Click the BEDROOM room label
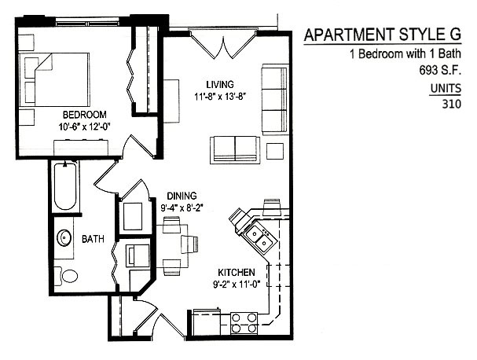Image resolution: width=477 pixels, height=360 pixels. click(x=85, y=115)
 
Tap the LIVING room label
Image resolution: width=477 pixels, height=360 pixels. click(x=220, y=84)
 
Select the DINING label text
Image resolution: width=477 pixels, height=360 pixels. click(x=182, y=196)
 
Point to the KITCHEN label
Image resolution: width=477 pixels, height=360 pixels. click(x=237, y=272)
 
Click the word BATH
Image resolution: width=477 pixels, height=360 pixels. click(x=93, y=239)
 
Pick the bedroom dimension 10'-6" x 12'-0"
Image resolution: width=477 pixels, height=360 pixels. click(x=84, y=127)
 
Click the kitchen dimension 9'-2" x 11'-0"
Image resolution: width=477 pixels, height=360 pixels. click(x=237, y=285)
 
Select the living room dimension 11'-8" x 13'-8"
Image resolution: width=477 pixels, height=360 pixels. click(x=220, y=97)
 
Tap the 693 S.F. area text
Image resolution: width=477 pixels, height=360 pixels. click(x=440, y=71)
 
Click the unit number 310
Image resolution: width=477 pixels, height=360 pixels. click(x=451, y=104)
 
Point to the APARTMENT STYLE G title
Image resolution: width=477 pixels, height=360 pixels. click(x=383, y=35)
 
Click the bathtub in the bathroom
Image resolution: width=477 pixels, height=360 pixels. click(x=64, y=186)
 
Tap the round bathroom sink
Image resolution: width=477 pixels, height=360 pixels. click(x=64, y=237)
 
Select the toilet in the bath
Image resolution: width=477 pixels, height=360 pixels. click(x=67, y=277)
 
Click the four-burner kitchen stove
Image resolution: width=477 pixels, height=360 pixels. click(x=244, y=323)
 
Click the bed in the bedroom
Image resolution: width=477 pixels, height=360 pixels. click(x=54, y=79)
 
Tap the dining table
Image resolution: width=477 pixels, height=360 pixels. click(x=172, y=245)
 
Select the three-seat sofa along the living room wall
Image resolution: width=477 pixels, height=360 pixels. click(x=275, y=99)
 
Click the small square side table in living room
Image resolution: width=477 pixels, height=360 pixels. click(x=275, y=151)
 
